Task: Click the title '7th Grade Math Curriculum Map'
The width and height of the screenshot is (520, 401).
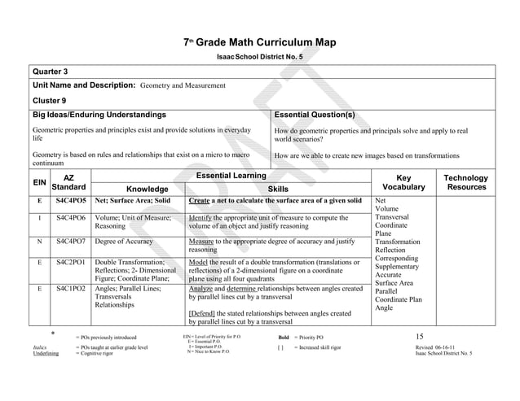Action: [x=260, y=42]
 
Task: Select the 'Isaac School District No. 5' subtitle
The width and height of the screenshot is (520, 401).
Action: [x=259, y=57]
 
